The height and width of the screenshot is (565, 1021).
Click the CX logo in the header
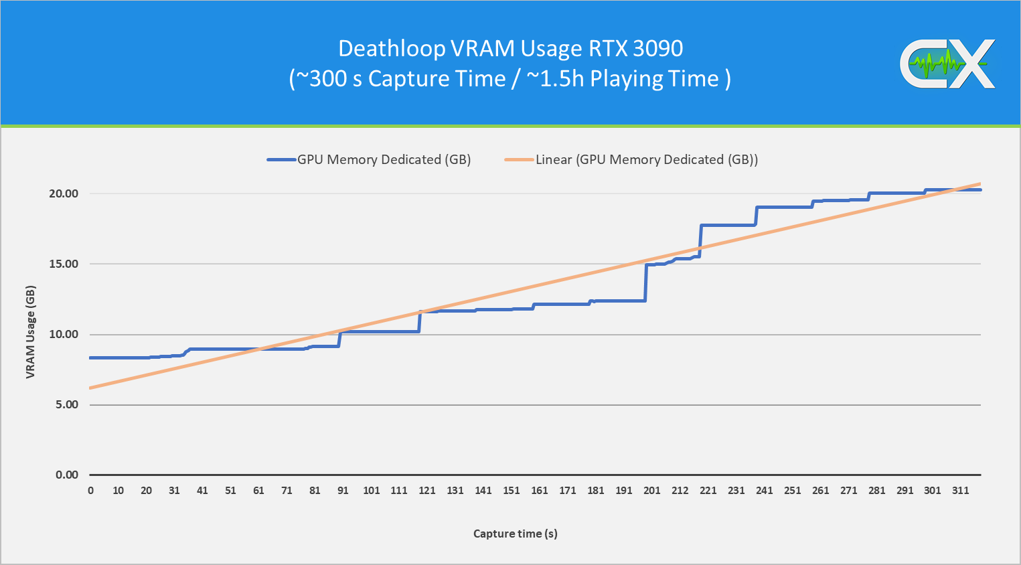(x=947, y=64)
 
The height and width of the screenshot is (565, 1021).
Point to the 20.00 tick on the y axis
(x=64, y=193)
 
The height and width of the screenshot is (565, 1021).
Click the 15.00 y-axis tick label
(x=64, y=264)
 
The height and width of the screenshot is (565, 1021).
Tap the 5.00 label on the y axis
(x=66, y=404)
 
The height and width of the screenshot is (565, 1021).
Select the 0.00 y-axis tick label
(x=66, y=475)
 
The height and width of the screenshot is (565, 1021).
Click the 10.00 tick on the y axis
(x=64, y=334)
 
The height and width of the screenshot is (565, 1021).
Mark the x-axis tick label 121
(x=427, y=491)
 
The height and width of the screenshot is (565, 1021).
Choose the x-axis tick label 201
(x=651, y=491)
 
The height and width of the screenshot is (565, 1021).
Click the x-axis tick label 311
(x=960, y=491)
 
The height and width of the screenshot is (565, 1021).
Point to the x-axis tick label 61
(x=258, y=491)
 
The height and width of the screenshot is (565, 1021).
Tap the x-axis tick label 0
(x=91, y=491)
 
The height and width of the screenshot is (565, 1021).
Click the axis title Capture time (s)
(x=515, y=534)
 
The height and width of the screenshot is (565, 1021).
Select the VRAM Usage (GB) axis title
(x=31, y=332)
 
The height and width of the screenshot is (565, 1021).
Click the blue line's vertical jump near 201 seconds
(x=646, y=282)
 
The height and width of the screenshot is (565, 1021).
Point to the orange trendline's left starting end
(x=91, y=388)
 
